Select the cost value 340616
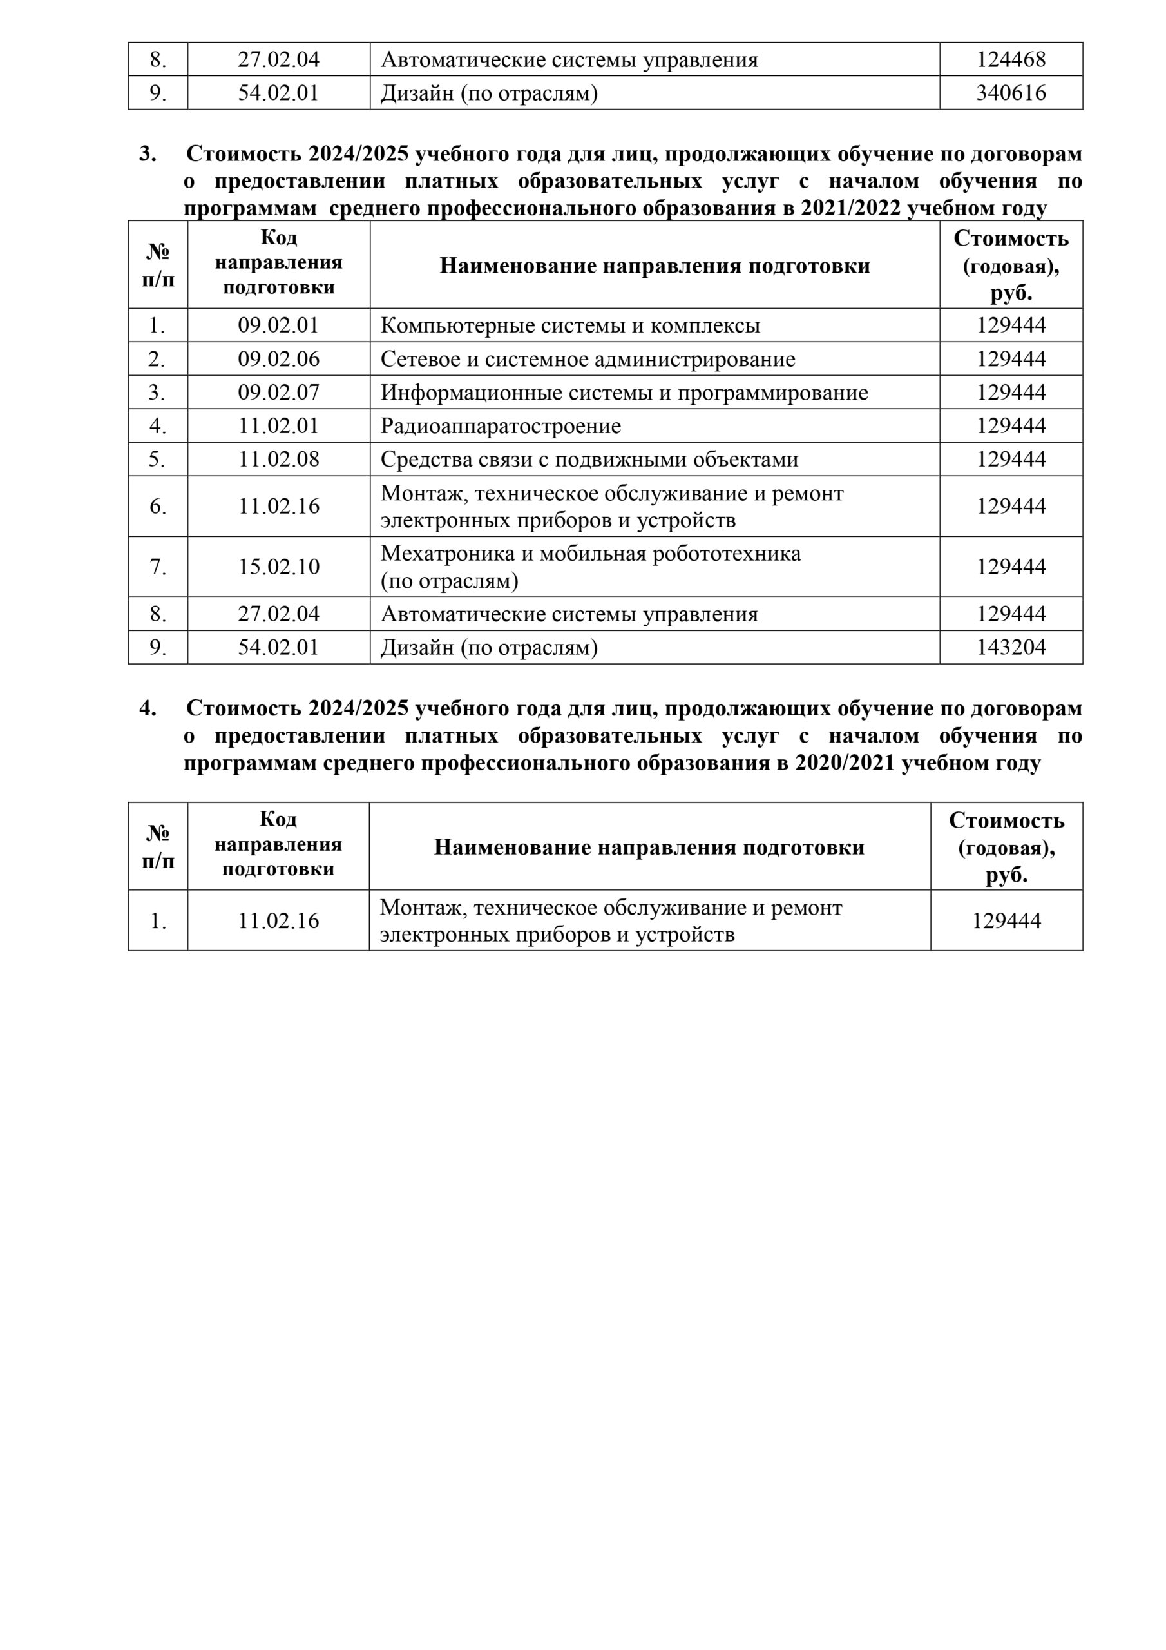1010,93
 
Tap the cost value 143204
1010,648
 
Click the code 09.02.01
278,325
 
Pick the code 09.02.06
278,358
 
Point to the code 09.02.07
278,393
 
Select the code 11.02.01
278,425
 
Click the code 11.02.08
278,459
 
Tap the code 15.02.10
278,567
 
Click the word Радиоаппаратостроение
500,426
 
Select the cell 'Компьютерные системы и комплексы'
569,325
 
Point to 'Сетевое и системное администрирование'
587,359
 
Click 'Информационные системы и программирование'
624,393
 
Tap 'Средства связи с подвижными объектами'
589,459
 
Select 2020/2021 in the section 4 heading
845,762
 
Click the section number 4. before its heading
148,708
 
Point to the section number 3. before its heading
148,154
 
